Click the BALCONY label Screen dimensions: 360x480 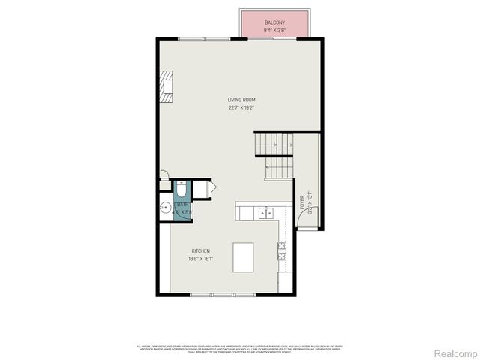click(x=274, y=23)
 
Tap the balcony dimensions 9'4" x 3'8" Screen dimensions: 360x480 click(x=274, y=31)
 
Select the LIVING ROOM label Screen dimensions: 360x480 click(x=242, y=100)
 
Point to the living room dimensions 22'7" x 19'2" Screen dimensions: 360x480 click(x=242, y=107)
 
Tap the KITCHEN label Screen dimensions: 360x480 click(x=200, y=251)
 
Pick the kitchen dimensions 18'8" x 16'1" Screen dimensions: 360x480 click(x=200, y=259)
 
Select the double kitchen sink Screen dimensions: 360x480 click(x=265, y=213)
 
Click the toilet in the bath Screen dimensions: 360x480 click(x=181, y=189)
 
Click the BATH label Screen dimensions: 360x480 click(x=182, y=205)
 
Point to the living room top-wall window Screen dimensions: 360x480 click(x=204, y=38)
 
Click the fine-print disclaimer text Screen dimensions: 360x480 click(x=240, y=348)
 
